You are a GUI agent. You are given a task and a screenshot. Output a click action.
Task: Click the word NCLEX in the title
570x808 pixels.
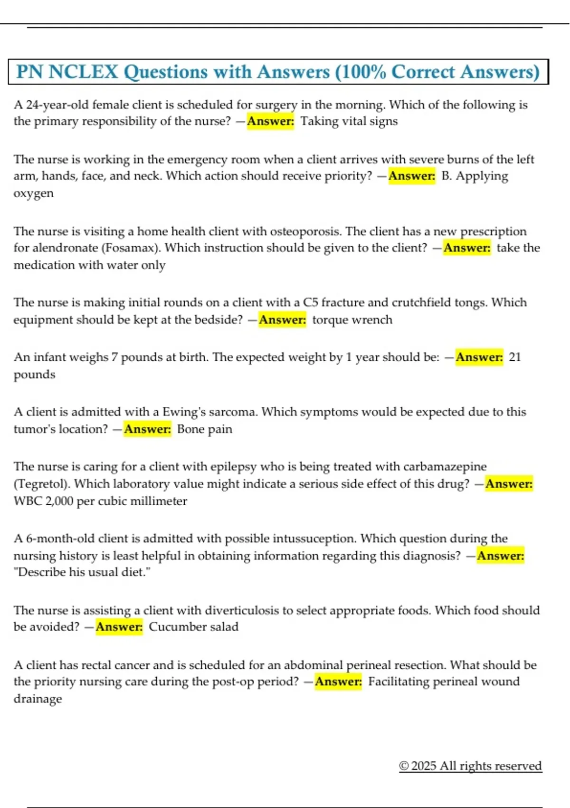point(83,72)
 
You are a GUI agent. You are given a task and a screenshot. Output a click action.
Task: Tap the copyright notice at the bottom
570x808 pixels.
point(470,766)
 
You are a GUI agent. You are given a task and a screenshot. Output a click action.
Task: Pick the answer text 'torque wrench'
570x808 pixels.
point(352,319)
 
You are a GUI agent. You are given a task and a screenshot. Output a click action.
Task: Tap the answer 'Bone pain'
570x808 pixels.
point(205,429)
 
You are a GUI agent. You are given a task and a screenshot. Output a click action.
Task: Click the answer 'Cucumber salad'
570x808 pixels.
point(194,627)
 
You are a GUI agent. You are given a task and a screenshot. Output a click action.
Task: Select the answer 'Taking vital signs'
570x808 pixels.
point(349,121)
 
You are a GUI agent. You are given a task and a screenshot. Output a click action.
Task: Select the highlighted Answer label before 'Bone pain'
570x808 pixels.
point(148,429)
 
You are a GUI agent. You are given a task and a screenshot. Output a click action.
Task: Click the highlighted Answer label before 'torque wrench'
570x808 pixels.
point(283,319)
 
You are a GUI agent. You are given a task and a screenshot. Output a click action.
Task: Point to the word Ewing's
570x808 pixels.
point(186,412)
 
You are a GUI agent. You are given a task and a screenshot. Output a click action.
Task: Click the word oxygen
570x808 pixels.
point(34,193)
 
